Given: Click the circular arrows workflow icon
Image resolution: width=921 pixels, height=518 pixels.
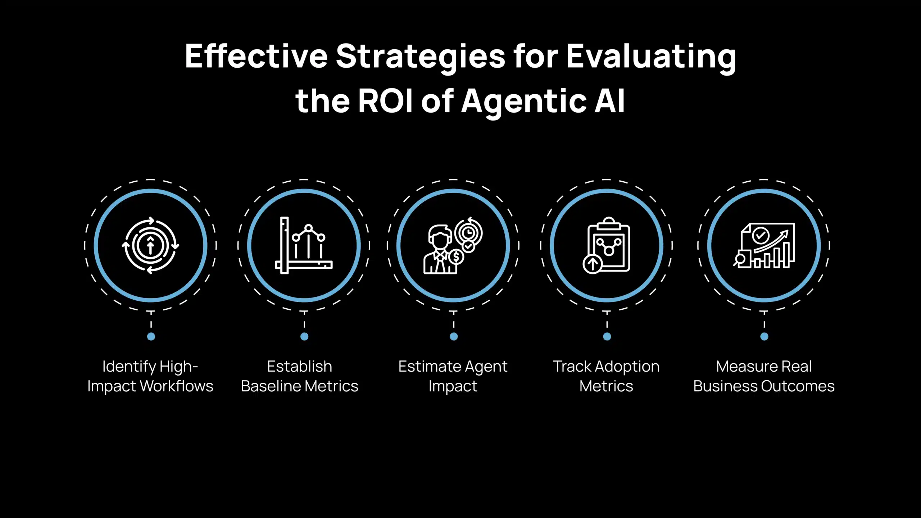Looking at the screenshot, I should tap(150, 246).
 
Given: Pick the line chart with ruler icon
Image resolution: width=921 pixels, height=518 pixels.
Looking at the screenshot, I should tap(304, 246).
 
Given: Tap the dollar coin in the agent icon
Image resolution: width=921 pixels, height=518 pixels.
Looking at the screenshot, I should tap(456, 257).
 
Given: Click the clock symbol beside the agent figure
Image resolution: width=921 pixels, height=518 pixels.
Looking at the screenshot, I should tap(468, 233).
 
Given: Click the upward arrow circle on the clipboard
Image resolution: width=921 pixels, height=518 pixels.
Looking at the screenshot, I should tap(592, 264).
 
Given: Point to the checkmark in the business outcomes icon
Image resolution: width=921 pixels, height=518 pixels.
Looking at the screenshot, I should tap(761, 236).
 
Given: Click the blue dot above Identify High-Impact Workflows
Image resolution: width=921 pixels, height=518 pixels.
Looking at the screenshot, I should tap(151, 336).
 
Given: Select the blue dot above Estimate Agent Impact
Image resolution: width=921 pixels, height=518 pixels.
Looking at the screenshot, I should tap(454, 336).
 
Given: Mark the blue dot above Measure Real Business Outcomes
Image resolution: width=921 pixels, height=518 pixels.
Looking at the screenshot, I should tap(764, 336).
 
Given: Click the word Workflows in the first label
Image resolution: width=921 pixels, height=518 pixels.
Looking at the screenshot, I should tap(176, 386).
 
